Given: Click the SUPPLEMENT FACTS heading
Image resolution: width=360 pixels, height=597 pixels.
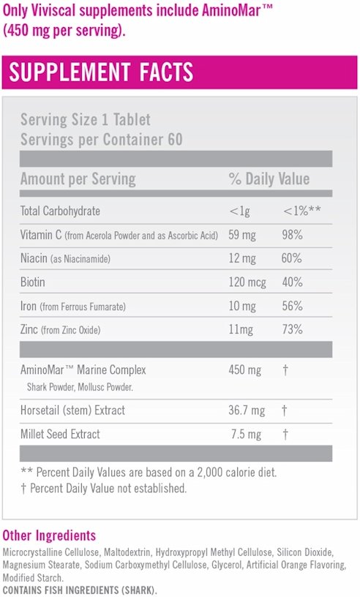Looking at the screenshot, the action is click(101, 72).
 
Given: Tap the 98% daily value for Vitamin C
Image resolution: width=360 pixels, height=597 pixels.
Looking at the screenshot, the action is click(292, 235).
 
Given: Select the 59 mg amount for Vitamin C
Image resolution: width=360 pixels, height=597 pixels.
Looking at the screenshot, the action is click(242, 236).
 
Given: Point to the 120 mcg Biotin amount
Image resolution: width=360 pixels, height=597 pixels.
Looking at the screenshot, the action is click(247, 282).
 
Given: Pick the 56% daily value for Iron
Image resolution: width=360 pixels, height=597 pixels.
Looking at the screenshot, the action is click(292, 306).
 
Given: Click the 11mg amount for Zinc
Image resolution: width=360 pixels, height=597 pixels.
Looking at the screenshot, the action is click(241, 330).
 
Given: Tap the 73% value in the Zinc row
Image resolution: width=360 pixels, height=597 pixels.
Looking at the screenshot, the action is click(292, 329).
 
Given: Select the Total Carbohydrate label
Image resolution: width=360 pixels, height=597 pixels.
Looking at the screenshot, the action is click(60, 211).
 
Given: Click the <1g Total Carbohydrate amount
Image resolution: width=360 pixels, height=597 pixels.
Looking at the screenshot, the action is click(239, 211).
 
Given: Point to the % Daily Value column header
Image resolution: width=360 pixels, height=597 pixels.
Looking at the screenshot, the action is click(269, 179).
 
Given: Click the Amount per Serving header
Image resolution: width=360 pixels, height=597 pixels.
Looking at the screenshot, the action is click(78, 179).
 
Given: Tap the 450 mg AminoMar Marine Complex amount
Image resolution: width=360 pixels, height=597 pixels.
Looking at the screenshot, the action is click(244, 370).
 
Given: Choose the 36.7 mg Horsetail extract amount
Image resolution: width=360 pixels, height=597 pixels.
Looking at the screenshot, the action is click(247, 410).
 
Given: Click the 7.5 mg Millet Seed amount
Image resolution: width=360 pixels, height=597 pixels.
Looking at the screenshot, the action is click(246, 435).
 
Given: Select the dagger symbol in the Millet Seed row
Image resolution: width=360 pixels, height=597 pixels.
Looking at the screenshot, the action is click(285, 435).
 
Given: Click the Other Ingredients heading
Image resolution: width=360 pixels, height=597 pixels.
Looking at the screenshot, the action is click(49, 536).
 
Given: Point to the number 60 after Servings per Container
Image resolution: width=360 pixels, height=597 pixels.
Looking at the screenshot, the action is click(175, 139).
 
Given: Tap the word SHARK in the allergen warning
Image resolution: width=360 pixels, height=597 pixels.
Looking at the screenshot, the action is click(138, 590).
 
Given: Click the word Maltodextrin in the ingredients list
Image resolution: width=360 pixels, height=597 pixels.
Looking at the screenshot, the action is click(127, 552).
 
